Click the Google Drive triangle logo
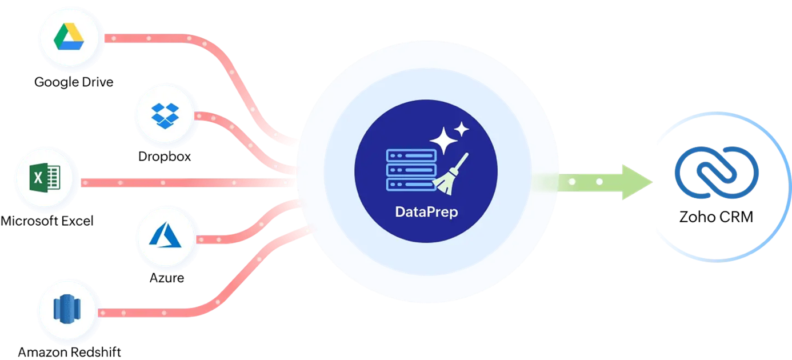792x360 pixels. pyautogui.click(x=69, y=37)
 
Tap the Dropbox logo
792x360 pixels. pyautogui.click(x=165, y=116)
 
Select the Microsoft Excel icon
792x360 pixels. pyautogui.click(x=45, y=178)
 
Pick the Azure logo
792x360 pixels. pyautogui.click(x=165, y=234)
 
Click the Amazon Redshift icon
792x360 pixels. pyautogui.click(x=67, y=309)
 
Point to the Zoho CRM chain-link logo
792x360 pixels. pyautogui.click(x=717, y=172)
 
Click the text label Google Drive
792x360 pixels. pyautogui.click(x=74, y=82)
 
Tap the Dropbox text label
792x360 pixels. pyautogui.click(x=165, y=157)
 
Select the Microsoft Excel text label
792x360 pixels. pyautogui.click(x=47, y=221)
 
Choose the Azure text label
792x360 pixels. pyautogui.click(x=166, y=278)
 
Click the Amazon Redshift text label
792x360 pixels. pyautogui.click(x=69, y=352)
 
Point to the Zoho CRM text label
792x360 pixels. pyautogui.click(x=716, y=217)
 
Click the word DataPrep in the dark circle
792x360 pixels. pyautogui.click(x=426, y=212)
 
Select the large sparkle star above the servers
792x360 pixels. pyautogui.click(x=443, y=141)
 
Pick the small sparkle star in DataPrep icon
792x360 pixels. pyautogui.click(x=461, y=130)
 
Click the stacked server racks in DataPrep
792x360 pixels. pyautogui.click(x=411, y=170)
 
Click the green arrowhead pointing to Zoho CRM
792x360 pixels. pyautogui.click(x=637, y=182)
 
